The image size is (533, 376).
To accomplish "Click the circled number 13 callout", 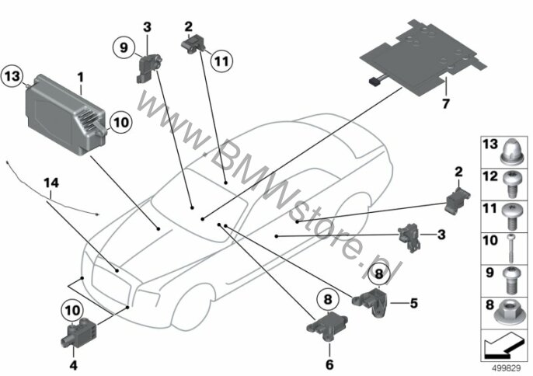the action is coord(12,76).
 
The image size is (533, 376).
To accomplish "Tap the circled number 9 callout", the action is coord(124,47).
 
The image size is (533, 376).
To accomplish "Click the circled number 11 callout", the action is coord(221,61).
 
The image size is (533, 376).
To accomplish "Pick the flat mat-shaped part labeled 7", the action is coord(423,57).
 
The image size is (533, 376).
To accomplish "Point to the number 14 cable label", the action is coord(51,183).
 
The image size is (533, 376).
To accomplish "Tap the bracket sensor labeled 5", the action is coord(371,301).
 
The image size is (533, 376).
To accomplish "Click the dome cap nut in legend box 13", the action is coord(513,151).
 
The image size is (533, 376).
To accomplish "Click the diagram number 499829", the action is coord(507,367).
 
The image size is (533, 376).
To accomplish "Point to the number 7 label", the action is coord(446,103).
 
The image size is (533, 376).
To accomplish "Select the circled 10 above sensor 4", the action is coord(72,310).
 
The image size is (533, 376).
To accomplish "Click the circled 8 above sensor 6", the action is coord(328,300).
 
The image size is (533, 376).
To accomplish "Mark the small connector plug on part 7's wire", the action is coord(374,81).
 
